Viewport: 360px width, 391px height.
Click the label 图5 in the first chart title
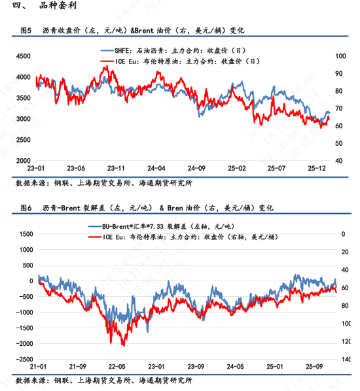click(x=27, y=31)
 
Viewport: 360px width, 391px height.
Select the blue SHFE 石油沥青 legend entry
click(x=181, y=50)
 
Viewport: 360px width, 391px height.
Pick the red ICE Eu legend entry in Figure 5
click(x=180, y=61)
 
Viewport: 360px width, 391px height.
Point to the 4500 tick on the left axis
click(x=22, y=57)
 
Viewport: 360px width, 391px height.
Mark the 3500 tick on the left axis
click(x=22, y=98)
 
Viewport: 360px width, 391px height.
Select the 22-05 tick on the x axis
click(x=118, y=367)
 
